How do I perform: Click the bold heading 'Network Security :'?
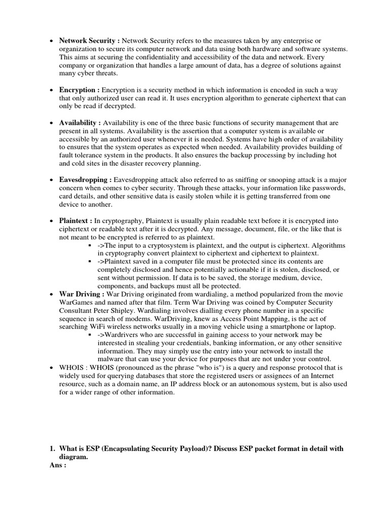click(x=90, y=41)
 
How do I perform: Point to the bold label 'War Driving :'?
click(x=82, y=294)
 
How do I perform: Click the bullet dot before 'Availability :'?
click(x=52, y=123)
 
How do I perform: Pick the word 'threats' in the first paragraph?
click(x=105, y=73)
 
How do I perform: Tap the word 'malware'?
click(x=113, y=359)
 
